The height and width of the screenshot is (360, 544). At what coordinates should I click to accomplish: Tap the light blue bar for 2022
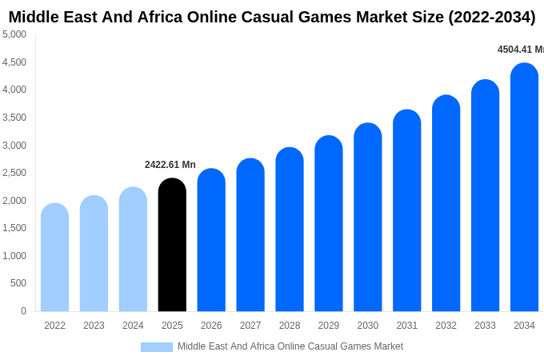pyautogui.click(x=54, y=258)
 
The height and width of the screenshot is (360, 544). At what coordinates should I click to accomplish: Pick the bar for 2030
pyautogui.click(x=368, y=218)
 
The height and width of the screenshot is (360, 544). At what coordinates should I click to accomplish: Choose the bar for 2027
pyautogui.click(x=250, y=235)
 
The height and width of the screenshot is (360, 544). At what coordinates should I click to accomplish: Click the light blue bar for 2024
pyautogui.click(x=133, y=250)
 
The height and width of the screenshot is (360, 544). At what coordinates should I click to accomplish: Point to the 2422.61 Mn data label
pyautogui.click(x=170, y=165)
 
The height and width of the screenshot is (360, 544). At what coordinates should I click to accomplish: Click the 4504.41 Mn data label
pyautogui.click(x=520, y=50)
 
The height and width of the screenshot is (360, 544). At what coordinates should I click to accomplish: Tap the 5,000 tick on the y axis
pyautogui.click(x=14, y=34)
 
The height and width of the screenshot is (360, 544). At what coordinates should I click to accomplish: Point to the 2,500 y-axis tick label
pyautogui.click(x=14, y=173)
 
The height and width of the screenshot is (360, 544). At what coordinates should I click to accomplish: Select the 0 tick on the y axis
pyautogui.click(x=23, y=311)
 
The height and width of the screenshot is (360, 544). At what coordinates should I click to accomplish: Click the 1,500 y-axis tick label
pyautogui.click(x=14, y=228)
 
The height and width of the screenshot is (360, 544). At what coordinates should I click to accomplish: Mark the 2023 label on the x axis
pyautogui.click(x=94, y=326)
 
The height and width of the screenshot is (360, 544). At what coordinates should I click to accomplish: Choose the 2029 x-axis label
pyautogui.click(x=329, y=326)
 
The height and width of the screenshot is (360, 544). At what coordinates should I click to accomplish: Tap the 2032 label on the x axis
pyautogui.click(x=446, y=326)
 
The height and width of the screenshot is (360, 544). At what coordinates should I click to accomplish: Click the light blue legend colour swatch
pyautogui.click(x=157, y=347)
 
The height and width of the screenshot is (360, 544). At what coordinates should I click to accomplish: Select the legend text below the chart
pyautogui.click(x=290, y=346)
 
